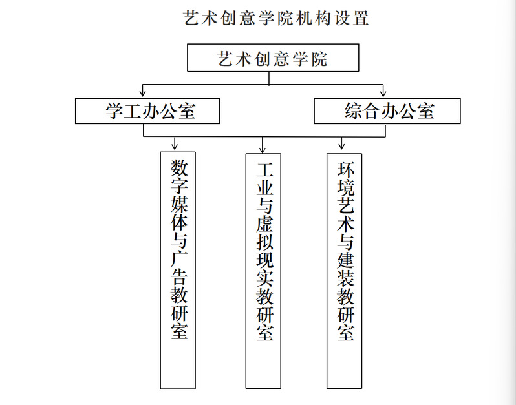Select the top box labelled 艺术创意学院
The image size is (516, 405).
pos(272,59)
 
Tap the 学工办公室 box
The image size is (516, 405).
pos(147,110)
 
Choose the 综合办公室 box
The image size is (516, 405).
pos(387,110)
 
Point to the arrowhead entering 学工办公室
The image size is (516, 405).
pos(142,94)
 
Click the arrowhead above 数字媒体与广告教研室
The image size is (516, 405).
pos(175,147)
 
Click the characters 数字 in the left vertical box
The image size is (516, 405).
pos(178,178)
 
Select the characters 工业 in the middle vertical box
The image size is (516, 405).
pos(264,181)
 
